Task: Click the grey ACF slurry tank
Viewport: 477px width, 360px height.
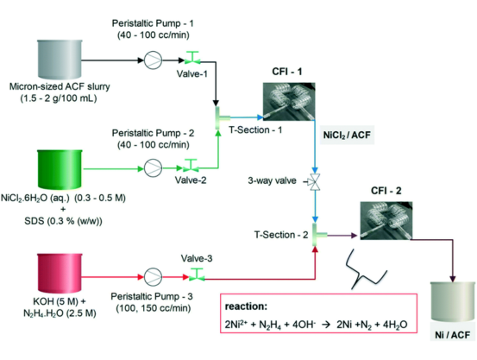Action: click(x=60, y=59)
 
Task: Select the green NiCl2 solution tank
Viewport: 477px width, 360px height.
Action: click(x=60, y=169)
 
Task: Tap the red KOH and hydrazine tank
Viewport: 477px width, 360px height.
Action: click(x=60, y=273)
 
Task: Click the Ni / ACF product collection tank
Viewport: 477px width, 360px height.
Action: click(x=453, y=301)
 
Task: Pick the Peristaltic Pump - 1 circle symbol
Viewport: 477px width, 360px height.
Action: click(x=153, y=60)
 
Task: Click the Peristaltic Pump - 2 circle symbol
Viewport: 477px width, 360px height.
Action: click(x=153, y=168)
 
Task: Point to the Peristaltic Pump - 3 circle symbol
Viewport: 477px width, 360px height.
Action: click(x=153, y=277)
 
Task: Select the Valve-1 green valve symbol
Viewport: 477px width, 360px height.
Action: click(x=192, y=58)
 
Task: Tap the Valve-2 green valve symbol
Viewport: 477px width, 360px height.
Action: click(x=191, y=166)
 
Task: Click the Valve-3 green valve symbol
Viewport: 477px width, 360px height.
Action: click(x=197, y=275)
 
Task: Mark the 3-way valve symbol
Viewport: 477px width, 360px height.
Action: click(x=314, y=182)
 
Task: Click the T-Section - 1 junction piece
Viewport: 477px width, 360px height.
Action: click(x=221, y=117)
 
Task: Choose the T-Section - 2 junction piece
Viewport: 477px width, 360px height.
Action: click(x=318, y=235)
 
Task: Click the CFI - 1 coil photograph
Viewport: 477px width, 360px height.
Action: click(x=289, y=101)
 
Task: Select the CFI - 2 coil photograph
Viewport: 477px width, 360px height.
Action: click(x=386, y=220)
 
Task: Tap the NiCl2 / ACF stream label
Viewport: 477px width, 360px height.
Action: click(x=347, y=135)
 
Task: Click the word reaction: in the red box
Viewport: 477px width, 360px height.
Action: click(x=246, y=306)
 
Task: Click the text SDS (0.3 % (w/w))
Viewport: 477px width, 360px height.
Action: click(x=63, y=221)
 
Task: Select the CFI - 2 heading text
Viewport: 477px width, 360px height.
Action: click(x=386, y=191)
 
